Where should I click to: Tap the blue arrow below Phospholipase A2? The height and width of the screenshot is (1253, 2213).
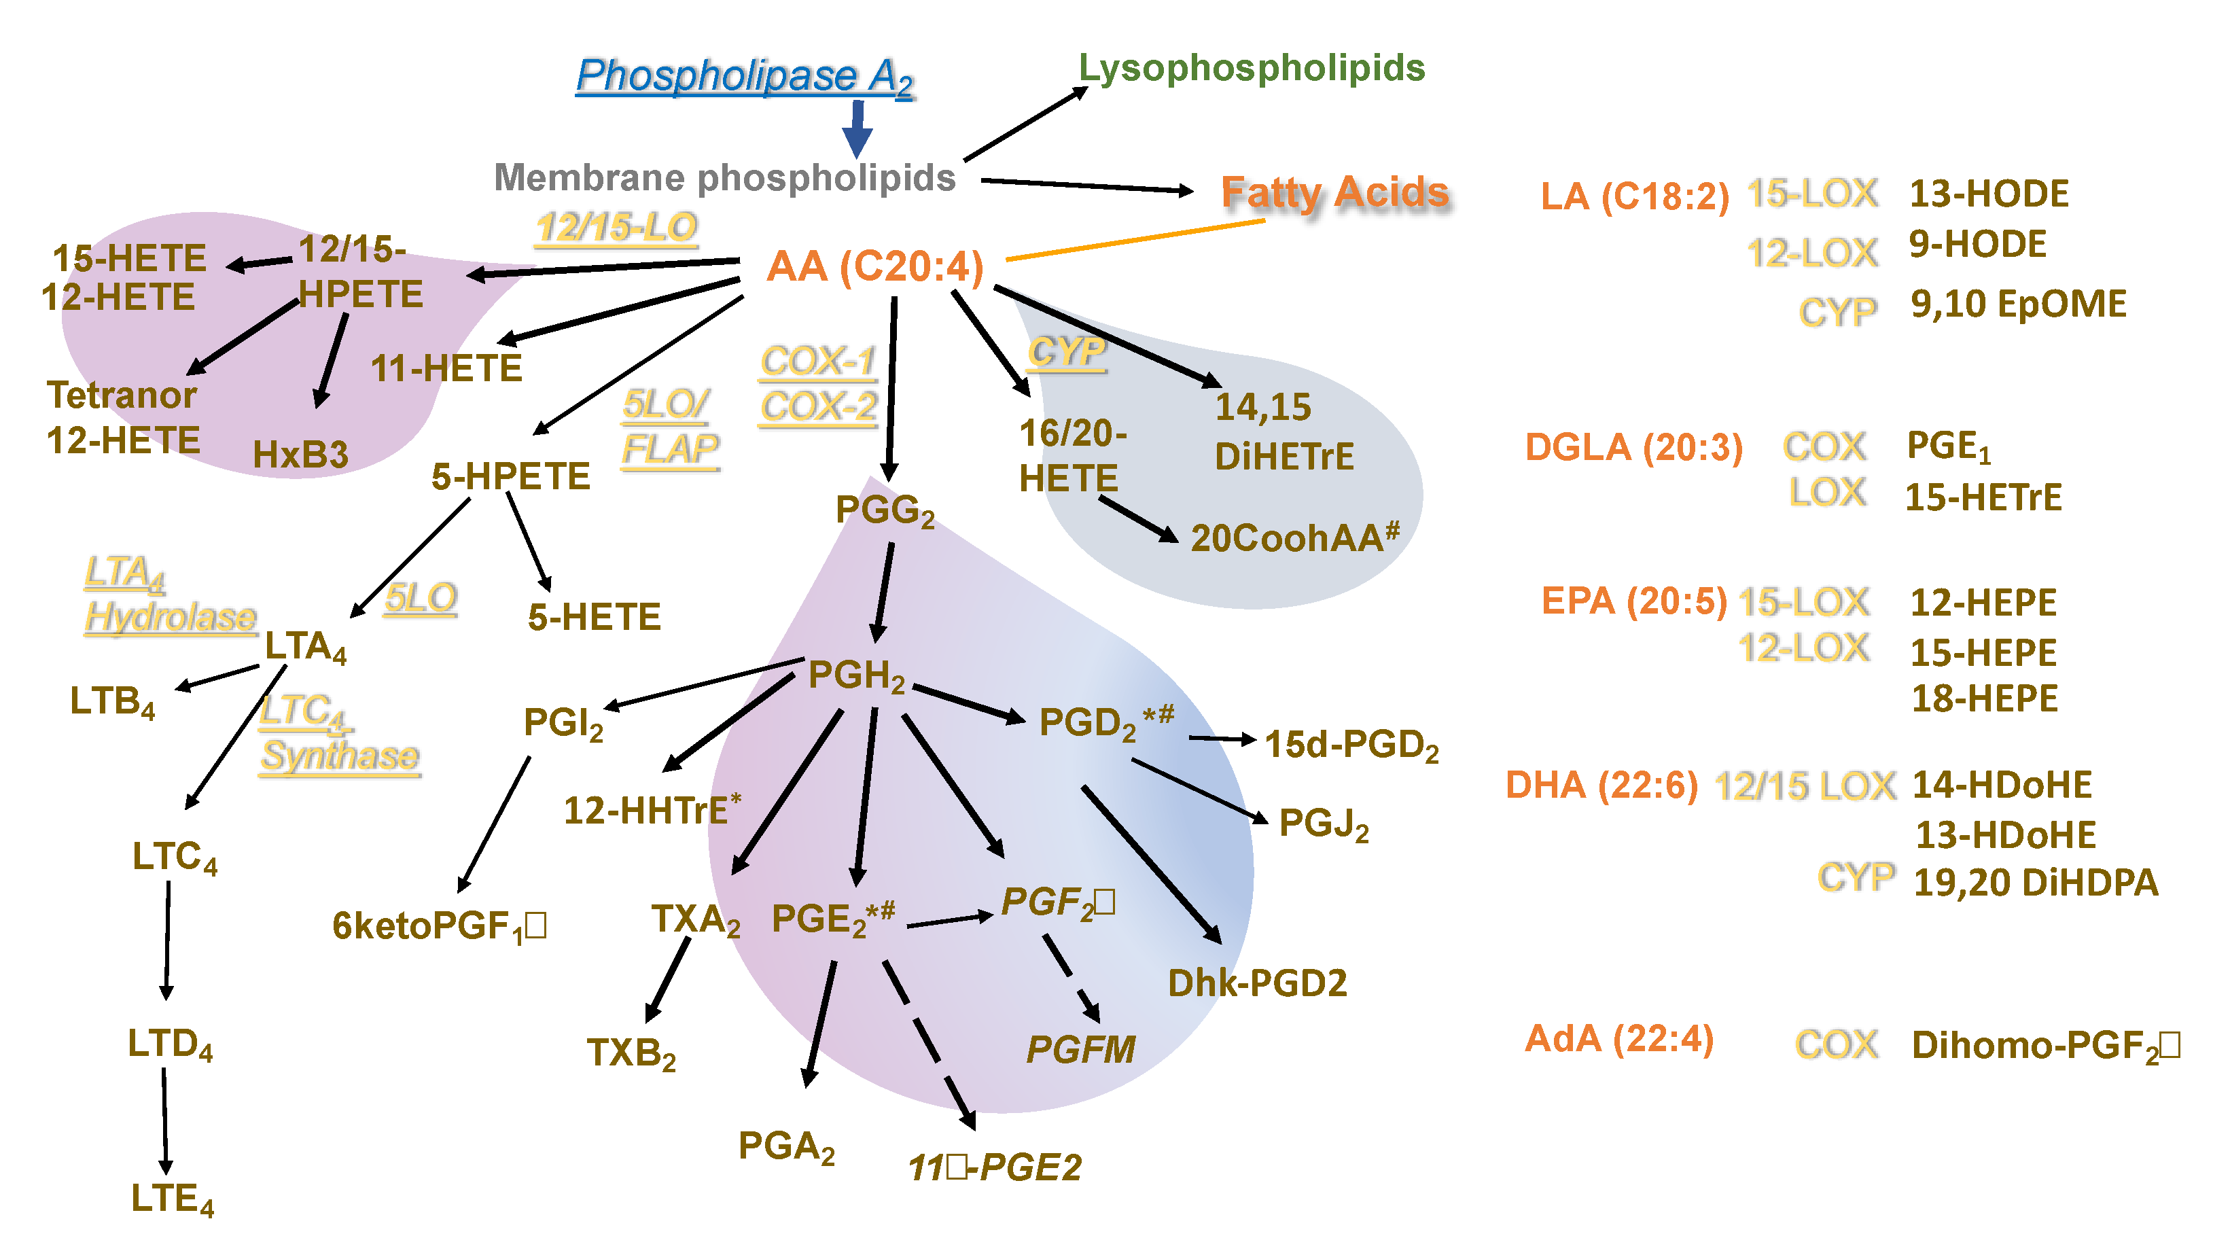857,129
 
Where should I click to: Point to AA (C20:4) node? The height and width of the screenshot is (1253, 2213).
874,267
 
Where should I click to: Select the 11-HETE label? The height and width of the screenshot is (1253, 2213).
446,368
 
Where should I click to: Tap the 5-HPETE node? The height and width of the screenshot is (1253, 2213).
510,476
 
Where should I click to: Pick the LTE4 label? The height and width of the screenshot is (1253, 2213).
172,1199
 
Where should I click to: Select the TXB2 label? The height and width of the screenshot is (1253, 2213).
631,1053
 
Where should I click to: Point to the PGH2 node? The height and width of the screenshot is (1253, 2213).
856,675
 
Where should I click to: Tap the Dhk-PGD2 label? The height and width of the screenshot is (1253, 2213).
1256,983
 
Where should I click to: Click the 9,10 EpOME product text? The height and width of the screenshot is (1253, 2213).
2018,304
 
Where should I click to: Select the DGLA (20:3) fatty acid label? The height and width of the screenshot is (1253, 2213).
1633,448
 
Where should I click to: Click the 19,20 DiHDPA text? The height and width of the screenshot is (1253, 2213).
2035,883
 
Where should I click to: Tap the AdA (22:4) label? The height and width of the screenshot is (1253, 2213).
1618,1039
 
